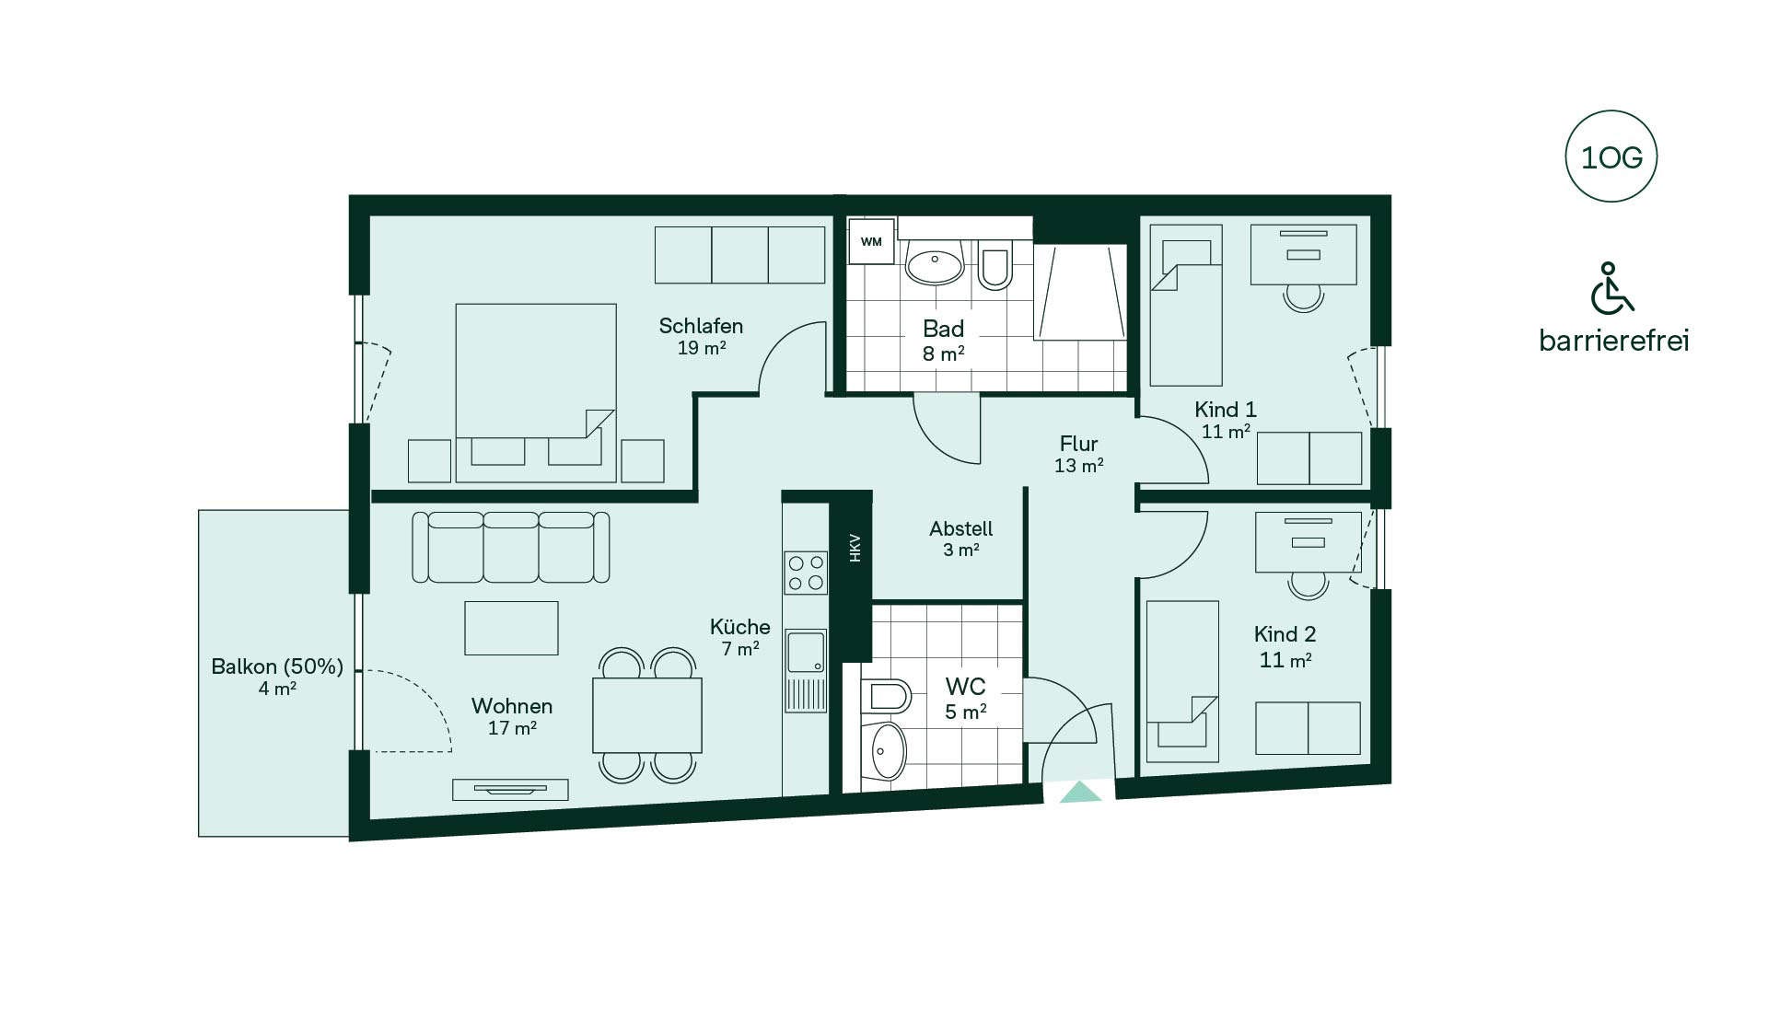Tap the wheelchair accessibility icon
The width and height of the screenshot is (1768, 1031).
(1611, 288)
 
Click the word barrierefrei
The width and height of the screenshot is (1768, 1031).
(1614, 341)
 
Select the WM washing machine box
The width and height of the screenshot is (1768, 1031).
(871, 241)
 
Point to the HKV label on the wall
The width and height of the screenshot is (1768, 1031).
(855, 548)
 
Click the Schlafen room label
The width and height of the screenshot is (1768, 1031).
(701, 326)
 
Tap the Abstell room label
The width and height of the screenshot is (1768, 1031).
(960, 528)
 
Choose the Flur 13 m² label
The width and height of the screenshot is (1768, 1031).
(1079, 454)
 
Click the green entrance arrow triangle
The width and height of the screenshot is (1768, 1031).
(1080, 792)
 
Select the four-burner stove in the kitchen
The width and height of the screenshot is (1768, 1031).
(806, 573)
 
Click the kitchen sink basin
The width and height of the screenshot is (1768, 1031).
(806, 653)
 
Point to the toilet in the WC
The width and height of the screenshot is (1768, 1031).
(886, 696)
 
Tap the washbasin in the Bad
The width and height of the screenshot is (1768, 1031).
(935, 266)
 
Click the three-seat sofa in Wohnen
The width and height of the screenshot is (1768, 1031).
(510, 547)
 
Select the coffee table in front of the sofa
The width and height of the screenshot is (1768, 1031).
(511, 628)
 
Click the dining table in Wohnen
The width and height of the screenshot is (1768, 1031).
(647, 715)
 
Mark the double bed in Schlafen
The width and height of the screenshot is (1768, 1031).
(536, 393)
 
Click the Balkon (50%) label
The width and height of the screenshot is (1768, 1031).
(276, 666)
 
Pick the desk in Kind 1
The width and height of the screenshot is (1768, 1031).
(1303, 254)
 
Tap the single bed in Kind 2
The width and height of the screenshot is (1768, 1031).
(1182, 681)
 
